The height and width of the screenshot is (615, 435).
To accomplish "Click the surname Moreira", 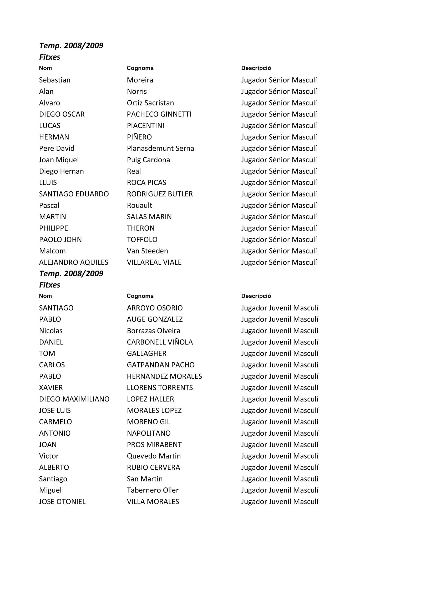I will click(x=140, y=80).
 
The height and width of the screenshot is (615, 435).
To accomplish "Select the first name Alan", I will click(x=46, y=92).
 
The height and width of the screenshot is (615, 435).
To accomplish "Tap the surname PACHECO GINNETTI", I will click(x=159, y=114).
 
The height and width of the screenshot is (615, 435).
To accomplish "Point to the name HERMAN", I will click(x=54, y=137).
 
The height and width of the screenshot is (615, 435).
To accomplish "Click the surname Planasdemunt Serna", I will click(x=160, y=148).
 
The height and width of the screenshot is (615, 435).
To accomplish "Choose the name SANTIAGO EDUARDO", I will click(x=74, y=194).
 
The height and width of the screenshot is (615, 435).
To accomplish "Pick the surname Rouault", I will click(x=139, y=205).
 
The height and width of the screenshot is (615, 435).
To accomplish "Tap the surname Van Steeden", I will click(x=147, y=251).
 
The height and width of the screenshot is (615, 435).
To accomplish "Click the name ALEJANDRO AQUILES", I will click(x=74, y=262).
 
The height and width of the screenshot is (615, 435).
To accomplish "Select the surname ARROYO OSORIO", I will click(x=155, y=308).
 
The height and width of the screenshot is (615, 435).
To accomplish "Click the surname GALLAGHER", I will click(x=146, y=354).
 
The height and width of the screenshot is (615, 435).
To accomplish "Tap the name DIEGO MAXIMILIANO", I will click(x=74, y=399).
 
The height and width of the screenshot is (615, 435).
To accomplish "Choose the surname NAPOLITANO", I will click(x=149, y=433).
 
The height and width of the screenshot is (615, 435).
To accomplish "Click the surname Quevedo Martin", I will click(x=154, y=456).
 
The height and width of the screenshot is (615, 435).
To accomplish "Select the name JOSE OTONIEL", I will click(x=62, y=501).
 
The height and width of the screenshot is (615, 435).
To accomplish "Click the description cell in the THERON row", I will click(x=279, y=228).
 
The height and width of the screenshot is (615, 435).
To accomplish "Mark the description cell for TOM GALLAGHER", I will click(x=280, y=354).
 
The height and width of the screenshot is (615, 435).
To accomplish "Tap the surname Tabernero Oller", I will click(x=153, y=490).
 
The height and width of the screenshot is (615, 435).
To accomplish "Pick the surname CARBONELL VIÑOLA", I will click(x=160, y=342).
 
